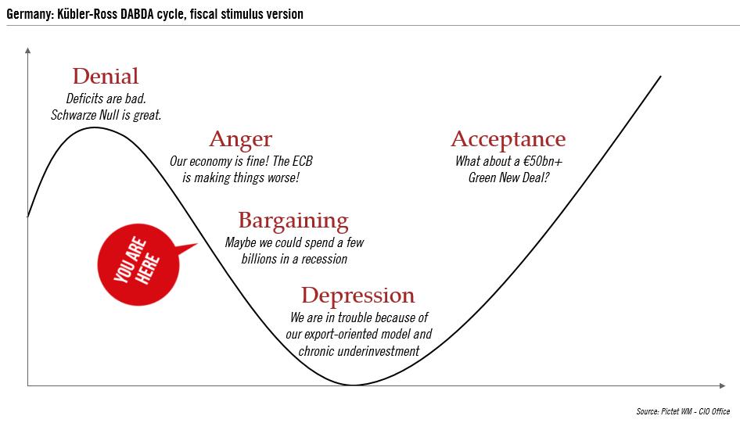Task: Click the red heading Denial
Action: [105, 77]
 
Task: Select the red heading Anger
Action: [240, 140]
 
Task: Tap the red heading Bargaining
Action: [293, 220]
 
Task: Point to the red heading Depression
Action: [357, 296]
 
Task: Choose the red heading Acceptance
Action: [508, 140]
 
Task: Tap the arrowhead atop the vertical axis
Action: [28, 51]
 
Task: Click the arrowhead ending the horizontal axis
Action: [721, 385]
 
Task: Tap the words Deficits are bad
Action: [106, 99]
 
